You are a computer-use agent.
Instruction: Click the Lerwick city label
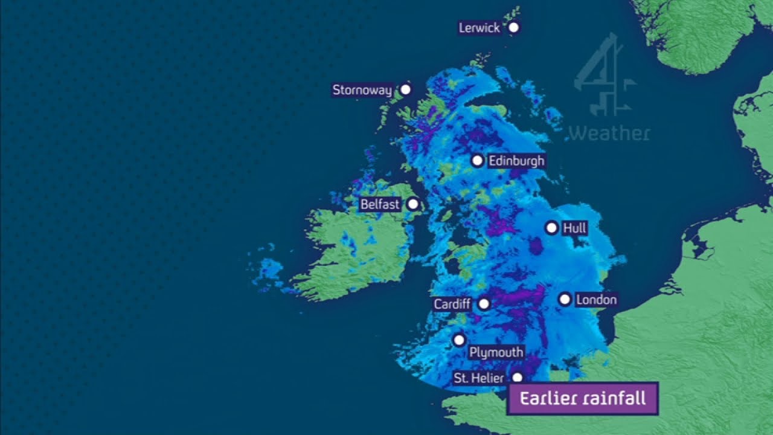(x=479, y=28)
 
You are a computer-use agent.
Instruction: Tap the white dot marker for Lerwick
(x=513, y=27)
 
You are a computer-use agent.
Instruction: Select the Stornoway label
(x=362, y=90)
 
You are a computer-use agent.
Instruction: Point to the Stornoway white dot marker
(x=406, y=89)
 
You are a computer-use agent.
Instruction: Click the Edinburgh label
(x=516, y=161)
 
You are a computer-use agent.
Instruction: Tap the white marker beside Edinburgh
(x=477, y=161)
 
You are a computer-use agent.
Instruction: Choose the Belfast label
(x=380, y=204)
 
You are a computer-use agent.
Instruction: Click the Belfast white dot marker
(x=413, y=204)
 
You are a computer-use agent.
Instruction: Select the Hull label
(x=574, y=228)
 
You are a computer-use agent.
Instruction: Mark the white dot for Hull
(x=551, y=228)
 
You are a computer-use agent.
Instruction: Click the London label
(x=596, y=300)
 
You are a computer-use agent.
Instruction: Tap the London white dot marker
(x=565, y=299)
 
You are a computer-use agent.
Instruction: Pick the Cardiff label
(x=452, y=304)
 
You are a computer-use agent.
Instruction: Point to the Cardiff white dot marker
(x=484, y=304)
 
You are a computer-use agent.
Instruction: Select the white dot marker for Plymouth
(x=459, y=340)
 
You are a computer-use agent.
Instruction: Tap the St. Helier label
(x=479, y=378)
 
